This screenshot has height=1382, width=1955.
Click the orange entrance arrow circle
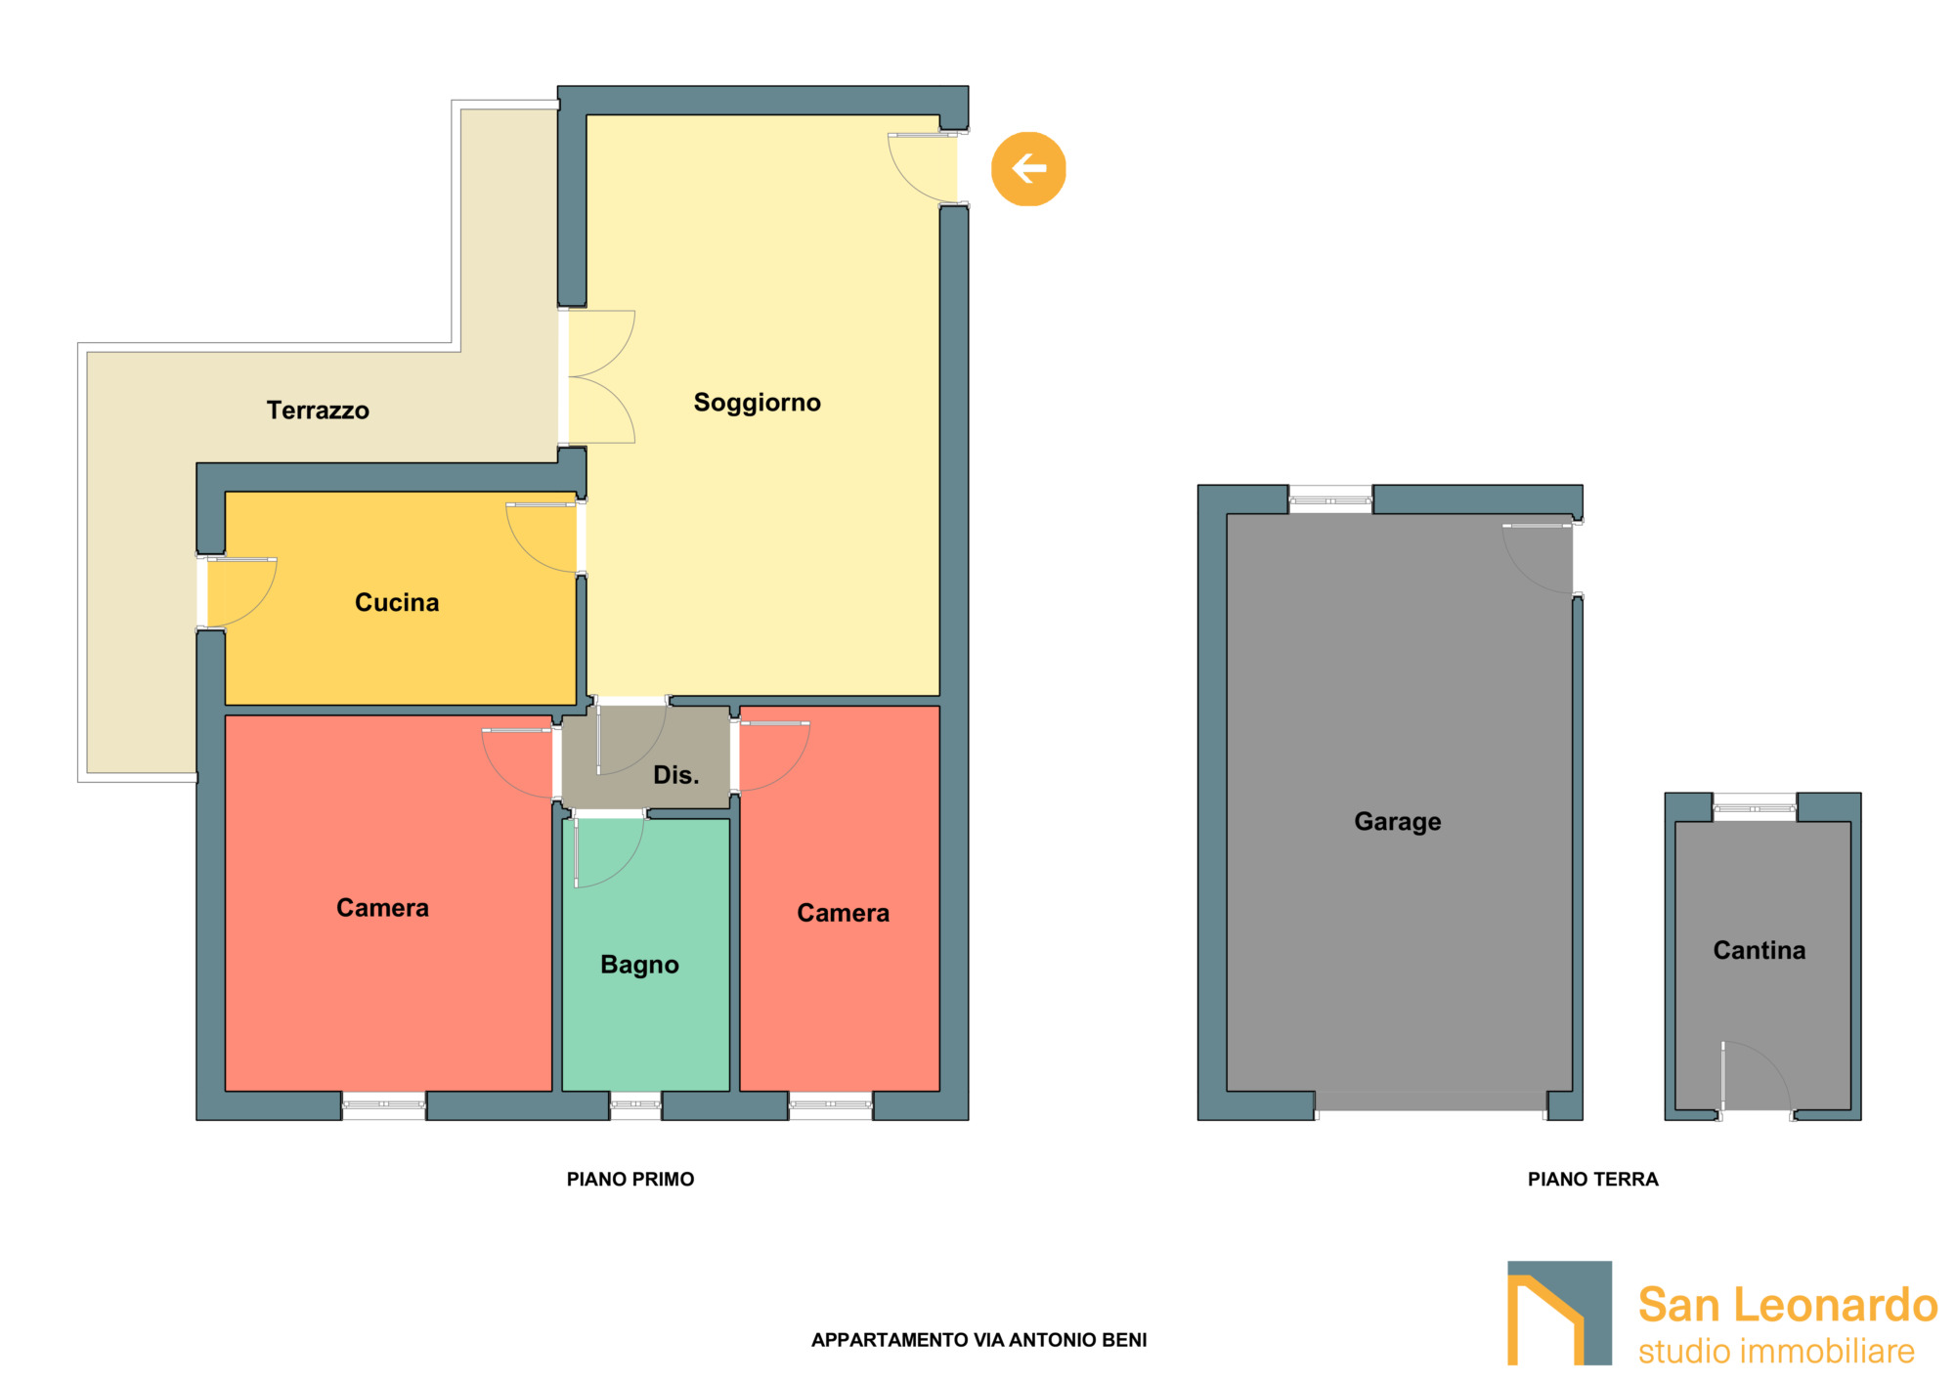[1028, 169]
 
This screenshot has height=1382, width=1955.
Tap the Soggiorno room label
[758, 403]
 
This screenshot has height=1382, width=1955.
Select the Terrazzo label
[318, 410]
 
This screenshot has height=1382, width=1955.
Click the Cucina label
[397, 602]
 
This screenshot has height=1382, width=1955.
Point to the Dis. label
[676, 775]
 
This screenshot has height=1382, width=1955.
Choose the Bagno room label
[639, 965]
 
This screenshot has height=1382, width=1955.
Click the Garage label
[1398, 822]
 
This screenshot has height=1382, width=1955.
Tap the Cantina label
[1759, 950]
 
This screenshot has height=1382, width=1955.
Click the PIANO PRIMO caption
[630, 1180]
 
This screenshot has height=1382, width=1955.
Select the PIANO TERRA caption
[1593, 1180]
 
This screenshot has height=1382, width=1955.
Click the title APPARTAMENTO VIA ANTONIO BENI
[979, 1340]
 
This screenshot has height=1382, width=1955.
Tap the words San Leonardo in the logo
[1788, 1305]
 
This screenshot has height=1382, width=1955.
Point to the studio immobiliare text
[1776, 1352]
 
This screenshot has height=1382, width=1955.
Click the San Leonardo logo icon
[1559, 1313]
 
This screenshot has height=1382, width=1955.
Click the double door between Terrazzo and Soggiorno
[597, 377]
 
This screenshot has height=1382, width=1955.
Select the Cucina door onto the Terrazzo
[238, 592]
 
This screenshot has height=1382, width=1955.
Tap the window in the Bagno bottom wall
[635, 1104]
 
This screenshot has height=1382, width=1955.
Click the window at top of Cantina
[1755, 808]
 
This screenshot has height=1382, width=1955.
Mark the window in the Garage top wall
[1330, 499]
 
